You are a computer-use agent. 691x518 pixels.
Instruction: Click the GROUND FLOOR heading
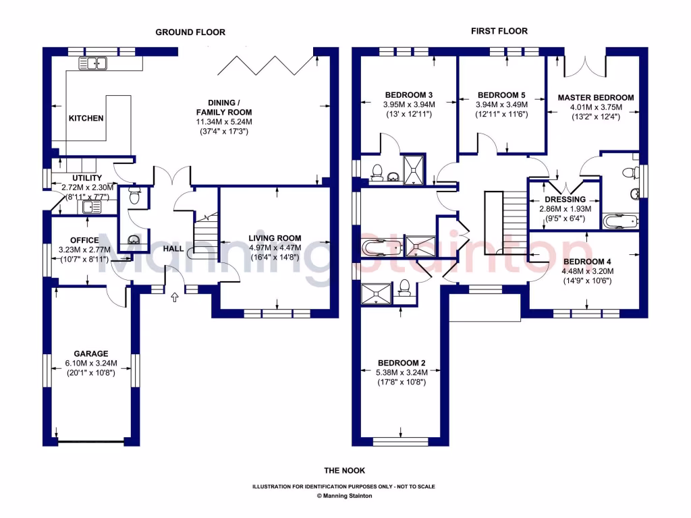[190, 32]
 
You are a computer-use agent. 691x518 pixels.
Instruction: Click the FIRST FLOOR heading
[500, 31]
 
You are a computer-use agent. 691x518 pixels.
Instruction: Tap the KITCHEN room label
[86, 119]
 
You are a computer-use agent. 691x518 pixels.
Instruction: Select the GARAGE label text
[91, 353]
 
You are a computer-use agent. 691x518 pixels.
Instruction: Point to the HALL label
[173, 250]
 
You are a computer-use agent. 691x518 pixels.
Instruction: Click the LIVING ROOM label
[275, 238]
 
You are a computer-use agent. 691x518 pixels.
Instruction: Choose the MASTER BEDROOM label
[595, 98]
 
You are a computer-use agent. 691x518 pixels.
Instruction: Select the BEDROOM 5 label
[501, 95]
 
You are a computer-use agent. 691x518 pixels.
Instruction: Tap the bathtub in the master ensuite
[617, 221]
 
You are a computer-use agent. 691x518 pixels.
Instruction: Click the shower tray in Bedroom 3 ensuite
[413, 168]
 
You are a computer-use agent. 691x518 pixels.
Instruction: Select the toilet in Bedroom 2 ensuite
[405, 288]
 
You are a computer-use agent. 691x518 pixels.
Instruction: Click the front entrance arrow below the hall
[174, 295]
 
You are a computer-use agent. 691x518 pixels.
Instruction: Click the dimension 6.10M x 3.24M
[91, 363]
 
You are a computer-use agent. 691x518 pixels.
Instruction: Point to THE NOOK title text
[344, 471]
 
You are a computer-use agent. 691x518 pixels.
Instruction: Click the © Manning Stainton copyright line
[344, 496]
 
